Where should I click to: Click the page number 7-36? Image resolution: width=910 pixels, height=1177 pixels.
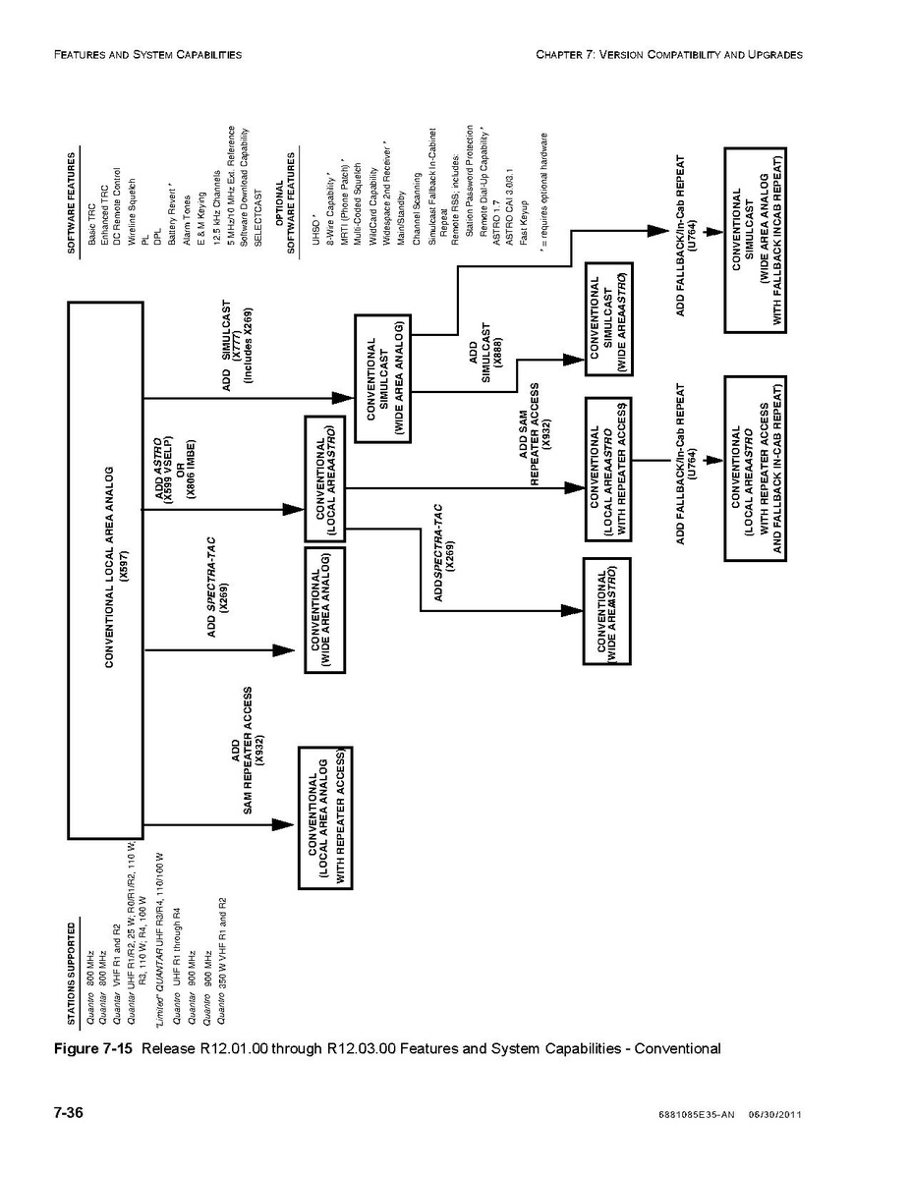click(x=68, y=1112)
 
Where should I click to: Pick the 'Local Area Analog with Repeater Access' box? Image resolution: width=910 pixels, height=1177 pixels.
click(x=325, y=817)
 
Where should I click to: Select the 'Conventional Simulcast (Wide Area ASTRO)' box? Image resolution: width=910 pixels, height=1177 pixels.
click(x=607, y=318)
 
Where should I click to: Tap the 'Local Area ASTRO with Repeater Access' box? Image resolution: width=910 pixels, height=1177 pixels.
click(x=608, y=469)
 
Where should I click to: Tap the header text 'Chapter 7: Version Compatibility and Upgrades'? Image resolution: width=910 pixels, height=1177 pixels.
click(x=669, y=55)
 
